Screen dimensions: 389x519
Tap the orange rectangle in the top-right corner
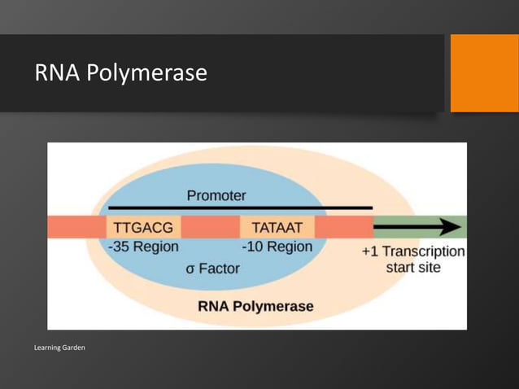click(x=484, y=73)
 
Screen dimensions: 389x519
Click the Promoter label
click(x=216, y=196)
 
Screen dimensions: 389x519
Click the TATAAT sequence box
click(x=277, y=227)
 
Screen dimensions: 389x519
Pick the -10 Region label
click(x=277, y=246)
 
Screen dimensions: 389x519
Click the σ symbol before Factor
click(x=190, y=269)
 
